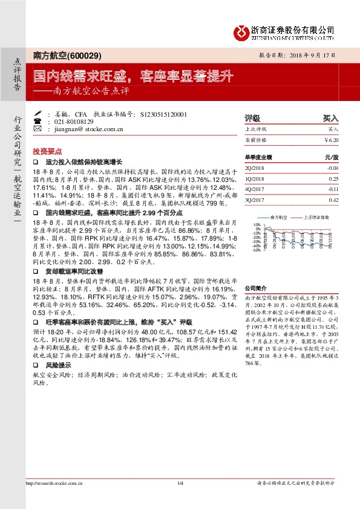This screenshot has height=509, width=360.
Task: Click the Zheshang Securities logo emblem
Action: pyautogui.click(x=243, y=31)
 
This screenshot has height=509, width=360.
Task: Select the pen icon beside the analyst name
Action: pyautogui.click(x=39, y=114)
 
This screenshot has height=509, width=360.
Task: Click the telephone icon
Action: pyautogui.click(x=39, y=121)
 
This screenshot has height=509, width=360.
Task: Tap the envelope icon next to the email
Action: pyautogui.click(x=39, y=128)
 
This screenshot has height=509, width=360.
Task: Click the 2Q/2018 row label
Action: pyautogui.click(x=254, y=167)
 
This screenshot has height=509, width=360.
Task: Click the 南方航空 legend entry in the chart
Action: pyautogui.click(x=278, y=216)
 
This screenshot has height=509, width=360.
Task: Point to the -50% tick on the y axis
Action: pyautogui.click(x=257, y=250)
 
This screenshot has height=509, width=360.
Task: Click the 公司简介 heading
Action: pyautogui.click(x=255, y=288)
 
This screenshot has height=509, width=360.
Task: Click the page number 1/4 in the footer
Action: pyautogui.click(x=180, y=484)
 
